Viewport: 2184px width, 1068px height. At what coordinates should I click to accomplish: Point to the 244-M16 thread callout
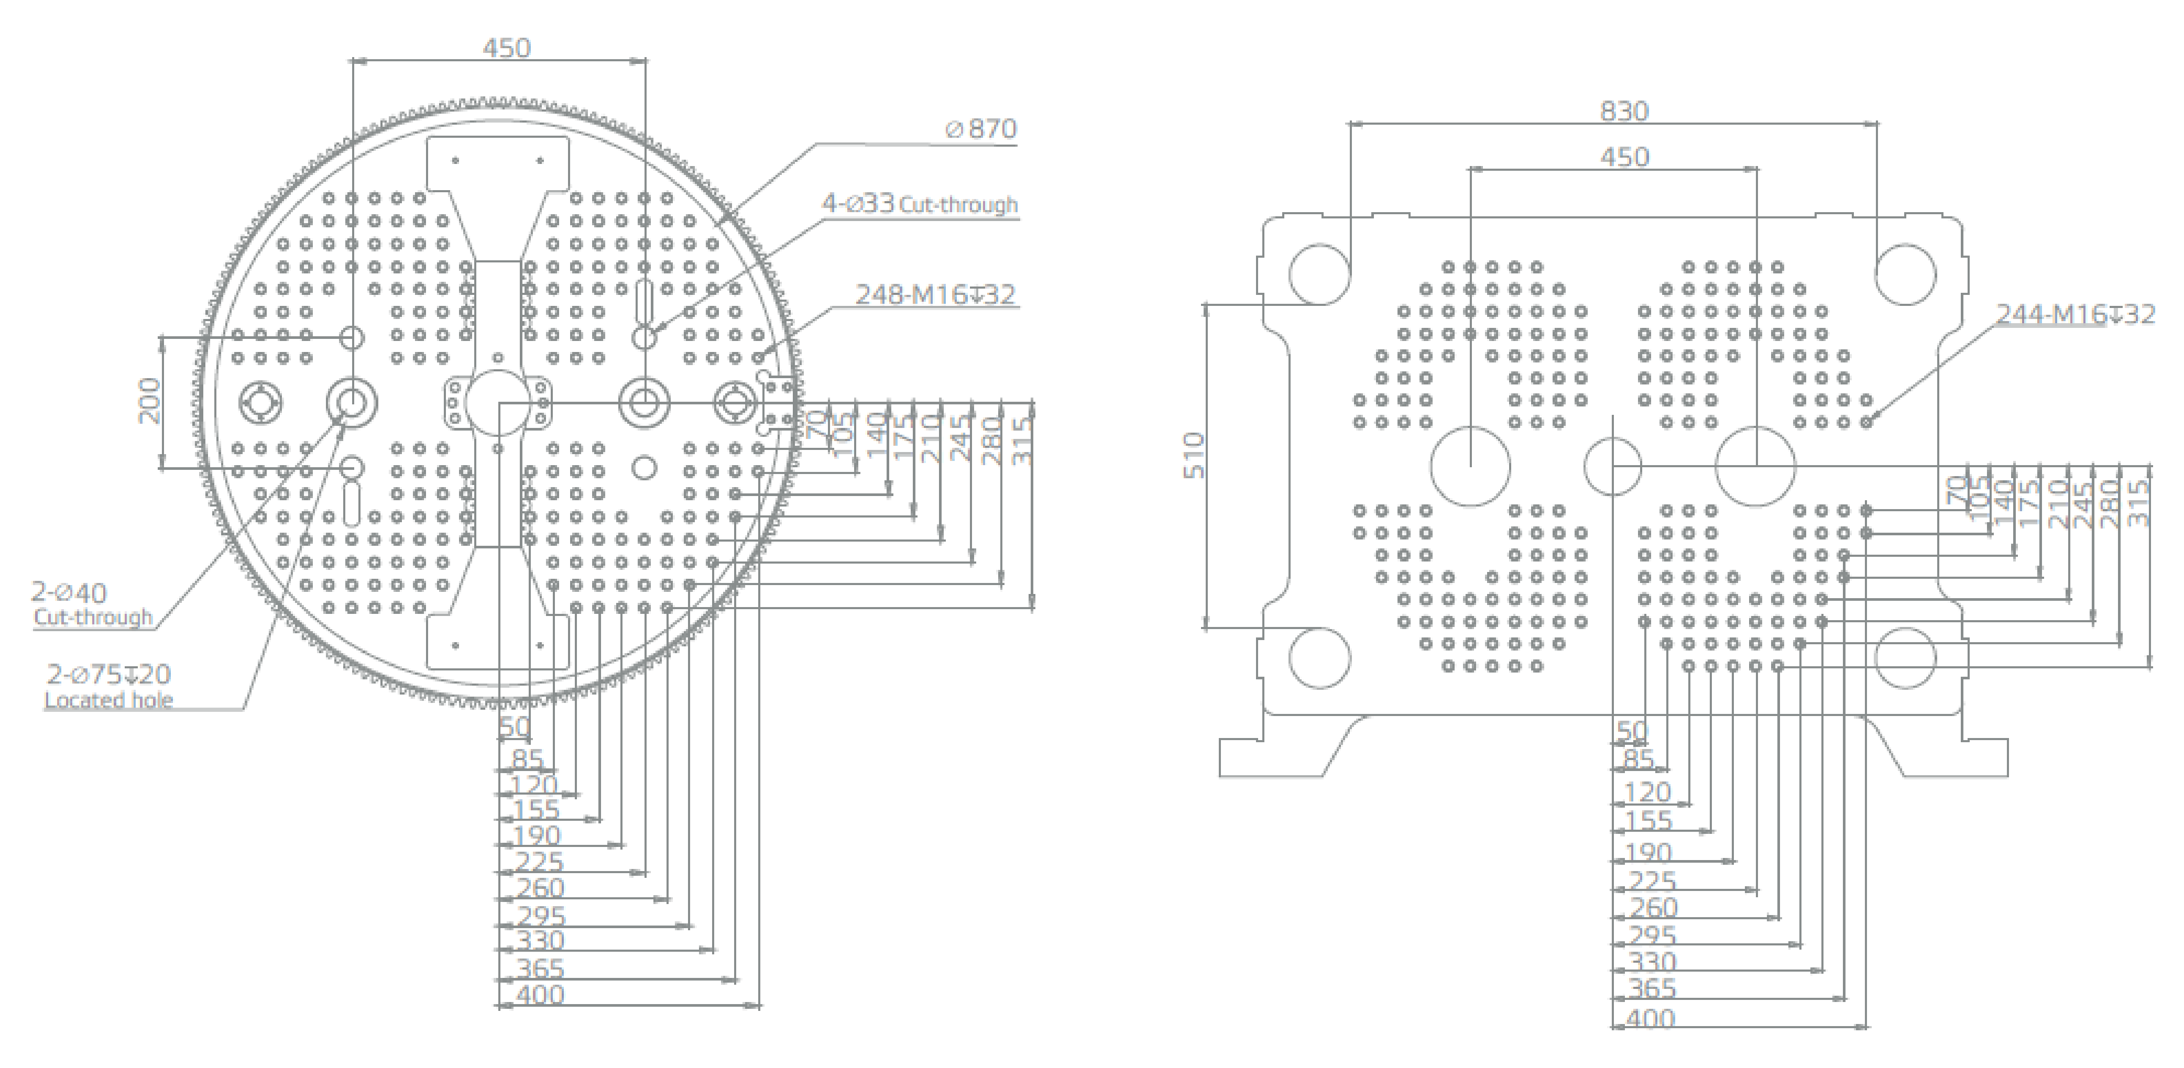(x=2074, y=314)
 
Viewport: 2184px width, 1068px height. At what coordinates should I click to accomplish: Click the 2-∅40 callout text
(x=70, y=592)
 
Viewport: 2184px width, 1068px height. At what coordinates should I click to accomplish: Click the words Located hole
(x=108, y=700)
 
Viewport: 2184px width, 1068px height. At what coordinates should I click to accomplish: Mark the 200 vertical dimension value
(x=149, y=401)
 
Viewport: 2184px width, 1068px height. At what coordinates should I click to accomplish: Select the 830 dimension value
(x=1623, y=111)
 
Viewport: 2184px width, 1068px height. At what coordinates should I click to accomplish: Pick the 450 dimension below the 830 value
(x=1623, y=157)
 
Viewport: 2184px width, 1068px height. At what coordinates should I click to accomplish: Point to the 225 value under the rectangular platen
(x=1653, y=880)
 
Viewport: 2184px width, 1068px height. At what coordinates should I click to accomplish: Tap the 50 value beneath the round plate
(x=514, y=726)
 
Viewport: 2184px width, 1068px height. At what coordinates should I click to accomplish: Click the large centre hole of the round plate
(x=498, y=402)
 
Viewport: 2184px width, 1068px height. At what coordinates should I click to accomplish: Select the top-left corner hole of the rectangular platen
(x=1319, y=274)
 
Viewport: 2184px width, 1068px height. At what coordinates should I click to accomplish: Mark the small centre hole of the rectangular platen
(x=1612, y=466)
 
